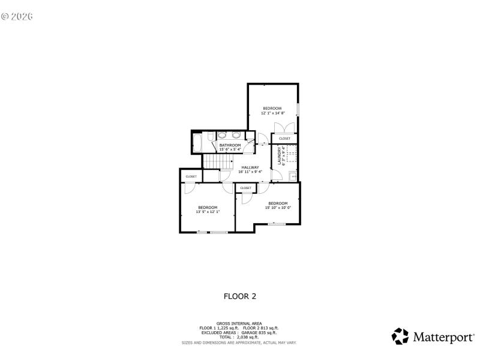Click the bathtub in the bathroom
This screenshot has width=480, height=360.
point(197,144)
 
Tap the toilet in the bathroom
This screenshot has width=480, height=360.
point(210,138)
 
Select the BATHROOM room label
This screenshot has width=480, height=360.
point(230,145)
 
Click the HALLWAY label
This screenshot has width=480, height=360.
point(250,167)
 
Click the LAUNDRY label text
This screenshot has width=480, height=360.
point(279,157)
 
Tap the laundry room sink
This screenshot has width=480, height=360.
point(292,176)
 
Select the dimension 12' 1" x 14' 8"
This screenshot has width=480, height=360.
point(272,113)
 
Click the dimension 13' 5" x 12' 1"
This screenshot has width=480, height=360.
point(208,212)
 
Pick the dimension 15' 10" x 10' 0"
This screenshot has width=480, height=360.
point(278,208)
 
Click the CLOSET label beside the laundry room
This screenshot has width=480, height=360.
point(284,139)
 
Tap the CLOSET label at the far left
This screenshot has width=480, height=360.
point(191,176)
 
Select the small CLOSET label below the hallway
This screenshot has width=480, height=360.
point(246,188)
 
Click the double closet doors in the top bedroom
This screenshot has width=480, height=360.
point(283,128)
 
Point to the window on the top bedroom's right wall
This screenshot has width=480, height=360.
point(298,111)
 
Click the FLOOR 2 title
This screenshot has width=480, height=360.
point(240,296)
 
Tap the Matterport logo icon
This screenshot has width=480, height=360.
point(400,336)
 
